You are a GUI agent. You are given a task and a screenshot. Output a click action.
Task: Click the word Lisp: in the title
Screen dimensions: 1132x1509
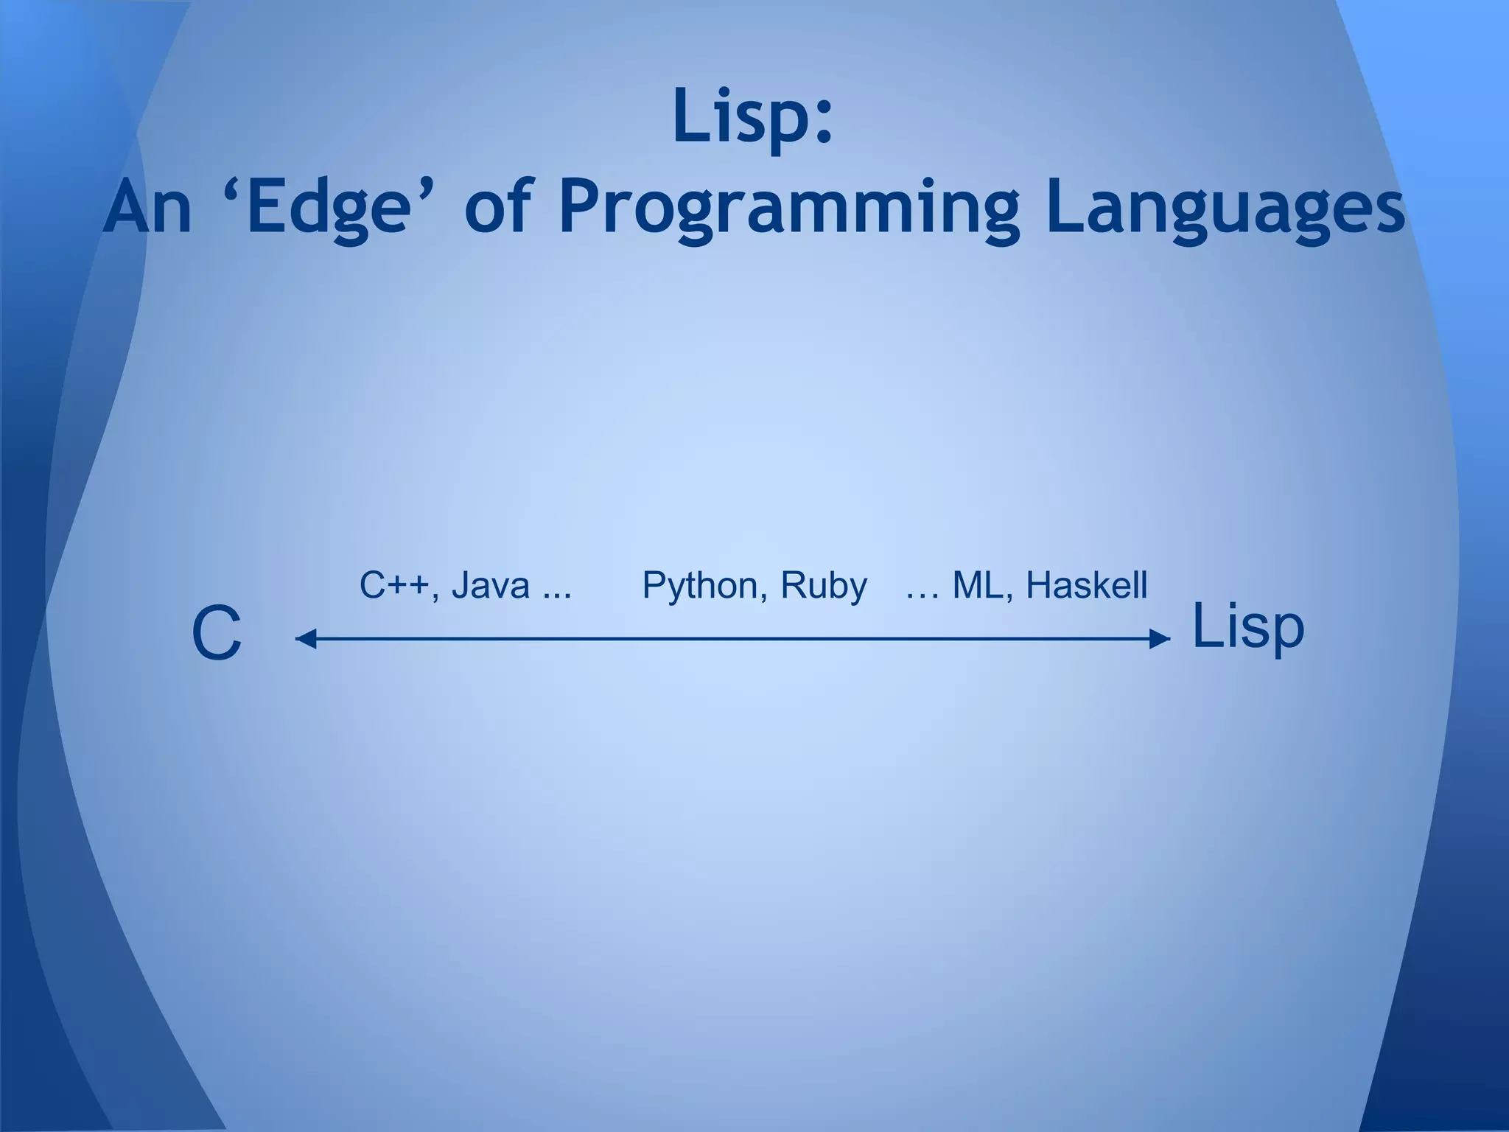point(752,116)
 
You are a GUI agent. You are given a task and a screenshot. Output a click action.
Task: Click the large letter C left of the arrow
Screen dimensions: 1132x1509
point(216,635)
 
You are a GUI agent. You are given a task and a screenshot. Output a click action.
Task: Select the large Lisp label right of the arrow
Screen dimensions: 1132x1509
point(1247,627)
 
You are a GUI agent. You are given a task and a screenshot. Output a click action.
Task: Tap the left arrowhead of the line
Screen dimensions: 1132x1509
point(304,639)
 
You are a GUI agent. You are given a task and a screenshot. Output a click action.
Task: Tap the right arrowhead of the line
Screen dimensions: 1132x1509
point(1160,639)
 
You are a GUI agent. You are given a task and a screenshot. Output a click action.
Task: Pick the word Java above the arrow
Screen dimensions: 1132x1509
point(490,586)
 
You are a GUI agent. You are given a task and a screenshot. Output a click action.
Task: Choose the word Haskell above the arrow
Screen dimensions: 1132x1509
point(1086,586)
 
